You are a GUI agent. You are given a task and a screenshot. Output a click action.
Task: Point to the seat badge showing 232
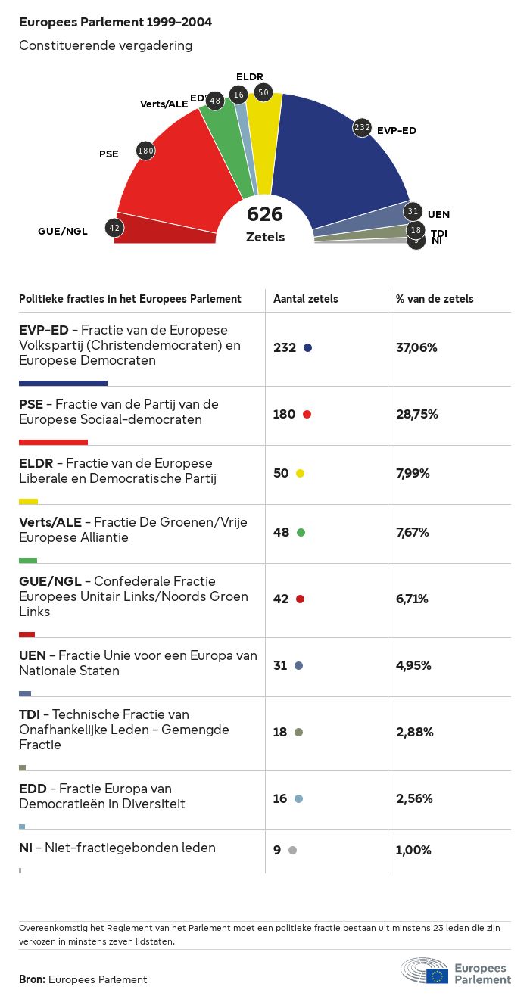click(362, 127)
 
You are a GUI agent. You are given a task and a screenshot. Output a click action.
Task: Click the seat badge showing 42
click(114, 227)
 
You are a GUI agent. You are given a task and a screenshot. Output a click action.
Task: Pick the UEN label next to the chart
click(438, 214)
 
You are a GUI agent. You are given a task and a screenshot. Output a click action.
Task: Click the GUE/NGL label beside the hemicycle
click(63, 231)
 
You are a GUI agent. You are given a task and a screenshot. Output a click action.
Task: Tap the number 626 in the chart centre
click(265, 214)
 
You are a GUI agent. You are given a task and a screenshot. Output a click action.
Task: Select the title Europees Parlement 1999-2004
click(115, 23)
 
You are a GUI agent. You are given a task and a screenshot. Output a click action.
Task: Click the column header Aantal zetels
click(306, 299)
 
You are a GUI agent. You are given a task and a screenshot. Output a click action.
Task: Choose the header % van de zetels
click(435, 299)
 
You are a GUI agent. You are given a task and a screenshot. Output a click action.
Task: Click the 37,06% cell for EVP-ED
click(416, 347)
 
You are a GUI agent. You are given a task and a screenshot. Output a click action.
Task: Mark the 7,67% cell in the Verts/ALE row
click(413, 532)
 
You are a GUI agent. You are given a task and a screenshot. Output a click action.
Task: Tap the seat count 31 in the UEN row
click(280, 665)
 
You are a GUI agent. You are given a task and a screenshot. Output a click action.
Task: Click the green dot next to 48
click(301, 532)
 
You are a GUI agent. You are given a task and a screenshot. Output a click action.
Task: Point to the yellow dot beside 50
click(300, 473)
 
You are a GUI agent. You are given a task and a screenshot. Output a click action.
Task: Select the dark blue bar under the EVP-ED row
click(63, 383)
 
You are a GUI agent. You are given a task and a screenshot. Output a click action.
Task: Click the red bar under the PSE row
click(53, 442)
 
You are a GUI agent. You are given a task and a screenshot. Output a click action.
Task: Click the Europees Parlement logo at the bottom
click(456, 971)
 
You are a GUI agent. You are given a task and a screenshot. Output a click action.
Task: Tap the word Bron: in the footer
click(32, 979)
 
